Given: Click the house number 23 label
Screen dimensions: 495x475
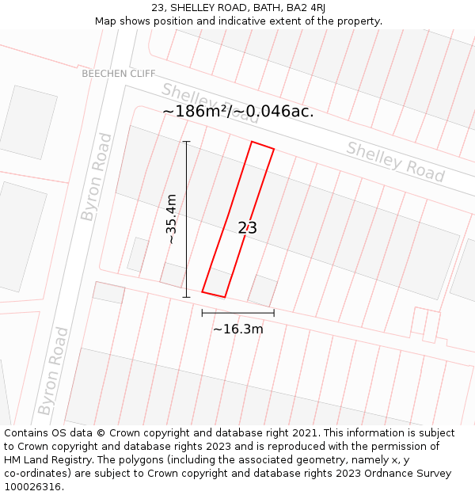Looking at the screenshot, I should click(247, 228).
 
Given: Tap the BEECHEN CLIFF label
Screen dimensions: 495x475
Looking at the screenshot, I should click(119, 74).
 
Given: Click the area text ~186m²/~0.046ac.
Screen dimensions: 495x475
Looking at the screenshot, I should click(237, 112).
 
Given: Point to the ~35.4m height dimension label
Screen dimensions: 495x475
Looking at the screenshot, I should click(171, 219).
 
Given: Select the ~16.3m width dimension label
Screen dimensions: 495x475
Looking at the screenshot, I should click(237, 329).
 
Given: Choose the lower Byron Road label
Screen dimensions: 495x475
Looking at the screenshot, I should click(54, 371).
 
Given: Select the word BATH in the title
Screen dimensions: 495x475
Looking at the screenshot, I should click(263, 8).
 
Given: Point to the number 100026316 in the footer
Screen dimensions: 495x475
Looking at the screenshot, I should click(32, 486).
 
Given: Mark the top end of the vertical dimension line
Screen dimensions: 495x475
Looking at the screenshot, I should click(187, 142).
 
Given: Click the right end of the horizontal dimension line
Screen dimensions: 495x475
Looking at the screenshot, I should click(274, 313).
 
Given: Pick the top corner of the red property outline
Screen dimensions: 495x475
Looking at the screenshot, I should click(252, 142).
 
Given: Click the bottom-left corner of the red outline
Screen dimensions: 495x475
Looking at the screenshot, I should click(203, 291).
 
